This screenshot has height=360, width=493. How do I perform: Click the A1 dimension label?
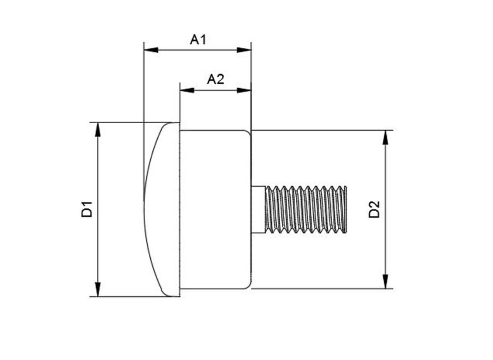pyautogui.click(x=198, y=39)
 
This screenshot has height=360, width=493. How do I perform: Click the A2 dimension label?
pyautogui.click(x=215, y=79)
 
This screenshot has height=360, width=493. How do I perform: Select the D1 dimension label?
pyautogui.click(x=87, y=209)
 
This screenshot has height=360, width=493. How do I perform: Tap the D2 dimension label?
pyautogui.click(x=374, y=210)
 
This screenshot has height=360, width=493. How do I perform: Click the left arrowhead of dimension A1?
pyautogui.click(x=151, y=50)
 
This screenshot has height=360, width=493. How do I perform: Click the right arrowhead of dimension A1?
pyautogui.click(x=244, y=50)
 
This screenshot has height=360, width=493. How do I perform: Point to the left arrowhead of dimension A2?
pyautogui.click(x=187, y=90)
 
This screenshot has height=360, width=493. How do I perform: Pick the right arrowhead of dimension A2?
pyautogui.click(x=244, y=90)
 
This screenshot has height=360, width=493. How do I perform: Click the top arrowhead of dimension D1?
pyautogui.click(x=98, y=129)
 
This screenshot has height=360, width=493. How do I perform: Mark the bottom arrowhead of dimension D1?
pyautogui.click(x=98, y=289)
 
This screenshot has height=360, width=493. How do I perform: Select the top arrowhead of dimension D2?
pyautogui.click(x=385, y=138)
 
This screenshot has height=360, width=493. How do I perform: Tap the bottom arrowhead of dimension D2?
pyautogui.click(x=385, y=282)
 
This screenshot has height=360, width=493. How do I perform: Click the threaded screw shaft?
pyautogui.click(x=306, y=210)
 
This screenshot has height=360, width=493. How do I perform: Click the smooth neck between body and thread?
pyautogui.click(x=258, y=210)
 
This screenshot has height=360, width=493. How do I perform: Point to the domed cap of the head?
pyautogui.click(x=162, y=210)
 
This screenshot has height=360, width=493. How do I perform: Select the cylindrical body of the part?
pyautogui.click(x=215, y=210)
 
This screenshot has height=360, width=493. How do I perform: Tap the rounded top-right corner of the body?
pyautogui.click(x=249, y=133)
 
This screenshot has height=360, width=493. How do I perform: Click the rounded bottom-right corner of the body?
pyautogui.click(x=249, y=286)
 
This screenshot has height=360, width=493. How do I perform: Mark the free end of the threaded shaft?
pyautogui.click(x=346, y=210)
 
